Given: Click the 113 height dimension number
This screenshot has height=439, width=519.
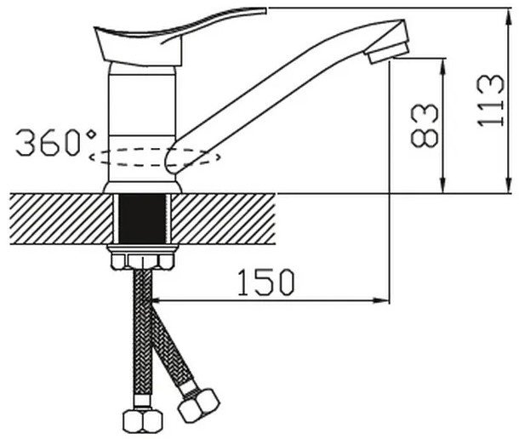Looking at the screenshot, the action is point(491,100).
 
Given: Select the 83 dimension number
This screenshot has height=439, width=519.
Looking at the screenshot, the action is point(425,125).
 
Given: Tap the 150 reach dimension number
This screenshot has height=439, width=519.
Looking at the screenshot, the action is point(265,282).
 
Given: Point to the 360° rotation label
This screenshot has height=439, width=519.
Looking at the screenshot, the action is point(56,142).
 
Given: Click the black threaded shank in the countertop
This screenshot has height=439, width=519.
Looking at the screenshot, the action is point(142,219).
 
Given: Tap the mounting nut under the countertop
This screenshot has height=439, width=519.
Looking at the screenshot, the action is point(143,258).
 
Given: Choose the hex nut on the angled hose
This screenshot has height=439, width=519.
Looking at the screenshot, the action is point(198,405).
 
